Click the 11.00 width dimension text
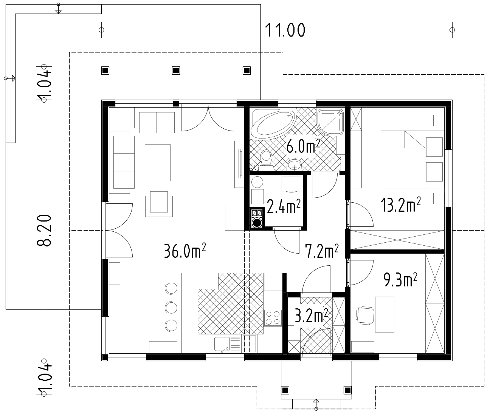tap(285, 30)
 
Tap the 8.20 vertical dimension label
tap(44, 230)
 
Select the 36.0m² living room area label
tap(185, 251)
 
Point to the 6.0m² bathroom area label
tap(303, 146)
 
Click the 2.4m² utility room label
tap(284, 206)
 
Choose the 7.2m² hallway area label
tap(322, 251)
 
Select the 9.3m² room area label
tap(400, 280)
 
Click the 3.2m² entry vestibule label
tap(312, 316)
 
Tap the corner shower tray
tap(330, 122)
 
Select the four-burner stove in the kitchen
tap(273, 318)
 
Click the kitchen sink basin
tap(222, 344)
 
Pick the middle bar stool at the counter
tap(171, 307)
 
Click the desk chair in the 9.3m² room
tap(365, 316)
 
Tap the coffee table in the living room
tap(158, 163)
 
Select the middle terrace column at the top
tap(176, 71)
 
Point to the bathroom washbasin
tap(294, 165)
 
